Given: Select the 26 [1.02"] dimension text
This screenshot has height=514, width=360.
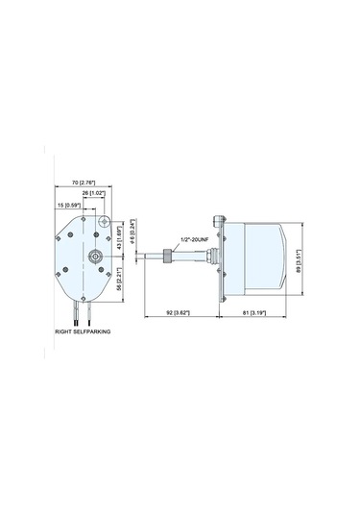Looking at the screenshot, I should pos(93,193).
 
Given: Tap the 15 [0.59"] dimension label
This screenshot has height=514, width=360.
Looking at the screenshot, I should pos(68,205).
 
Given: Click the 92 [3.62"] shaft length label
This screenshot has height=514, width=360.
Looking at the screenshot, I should pos(179,312).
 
